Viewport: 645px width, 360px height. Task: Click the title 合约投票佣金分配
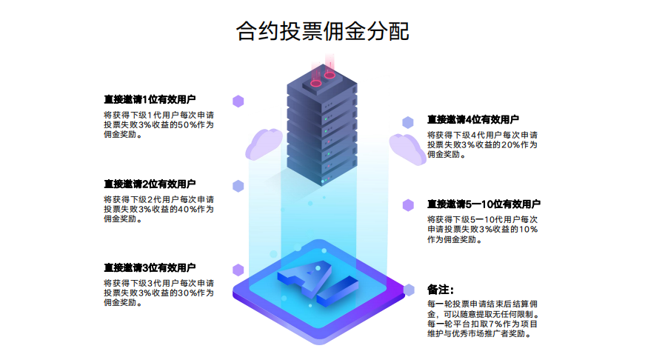click(x=322, y=31)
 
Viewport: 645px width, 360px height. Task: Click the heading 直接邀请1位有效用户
click(x=150, y=99)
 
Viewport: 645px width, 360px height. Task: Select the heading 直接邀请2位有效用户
click(x=150, y=184)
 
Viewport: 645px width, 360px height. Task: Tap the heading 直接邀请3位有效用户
click(x=150, y=267)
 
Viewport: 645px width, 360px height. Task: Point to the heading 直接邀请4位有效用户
click(x=472, y=119)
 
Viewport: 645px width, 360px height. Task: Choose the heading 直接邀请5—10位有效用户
click(x=483, y=204)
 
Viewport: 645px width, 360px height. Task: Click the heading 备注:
click(x=440, y=289)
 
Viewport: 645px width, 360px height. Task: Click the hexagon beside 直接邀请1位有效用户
click(x=238, y=101)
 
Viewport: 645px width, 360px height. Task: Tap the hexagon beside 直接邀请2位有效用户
click(x=238, y=185)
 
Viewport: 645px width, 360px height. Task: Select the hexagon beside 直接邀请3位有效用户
click(x=238, y=270)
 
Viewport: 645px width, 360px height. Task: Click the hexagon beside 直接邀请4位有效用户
click(x=408, y=121)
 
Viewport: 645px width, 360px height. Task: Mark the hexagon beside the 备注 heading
click(x=408, y=290)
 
